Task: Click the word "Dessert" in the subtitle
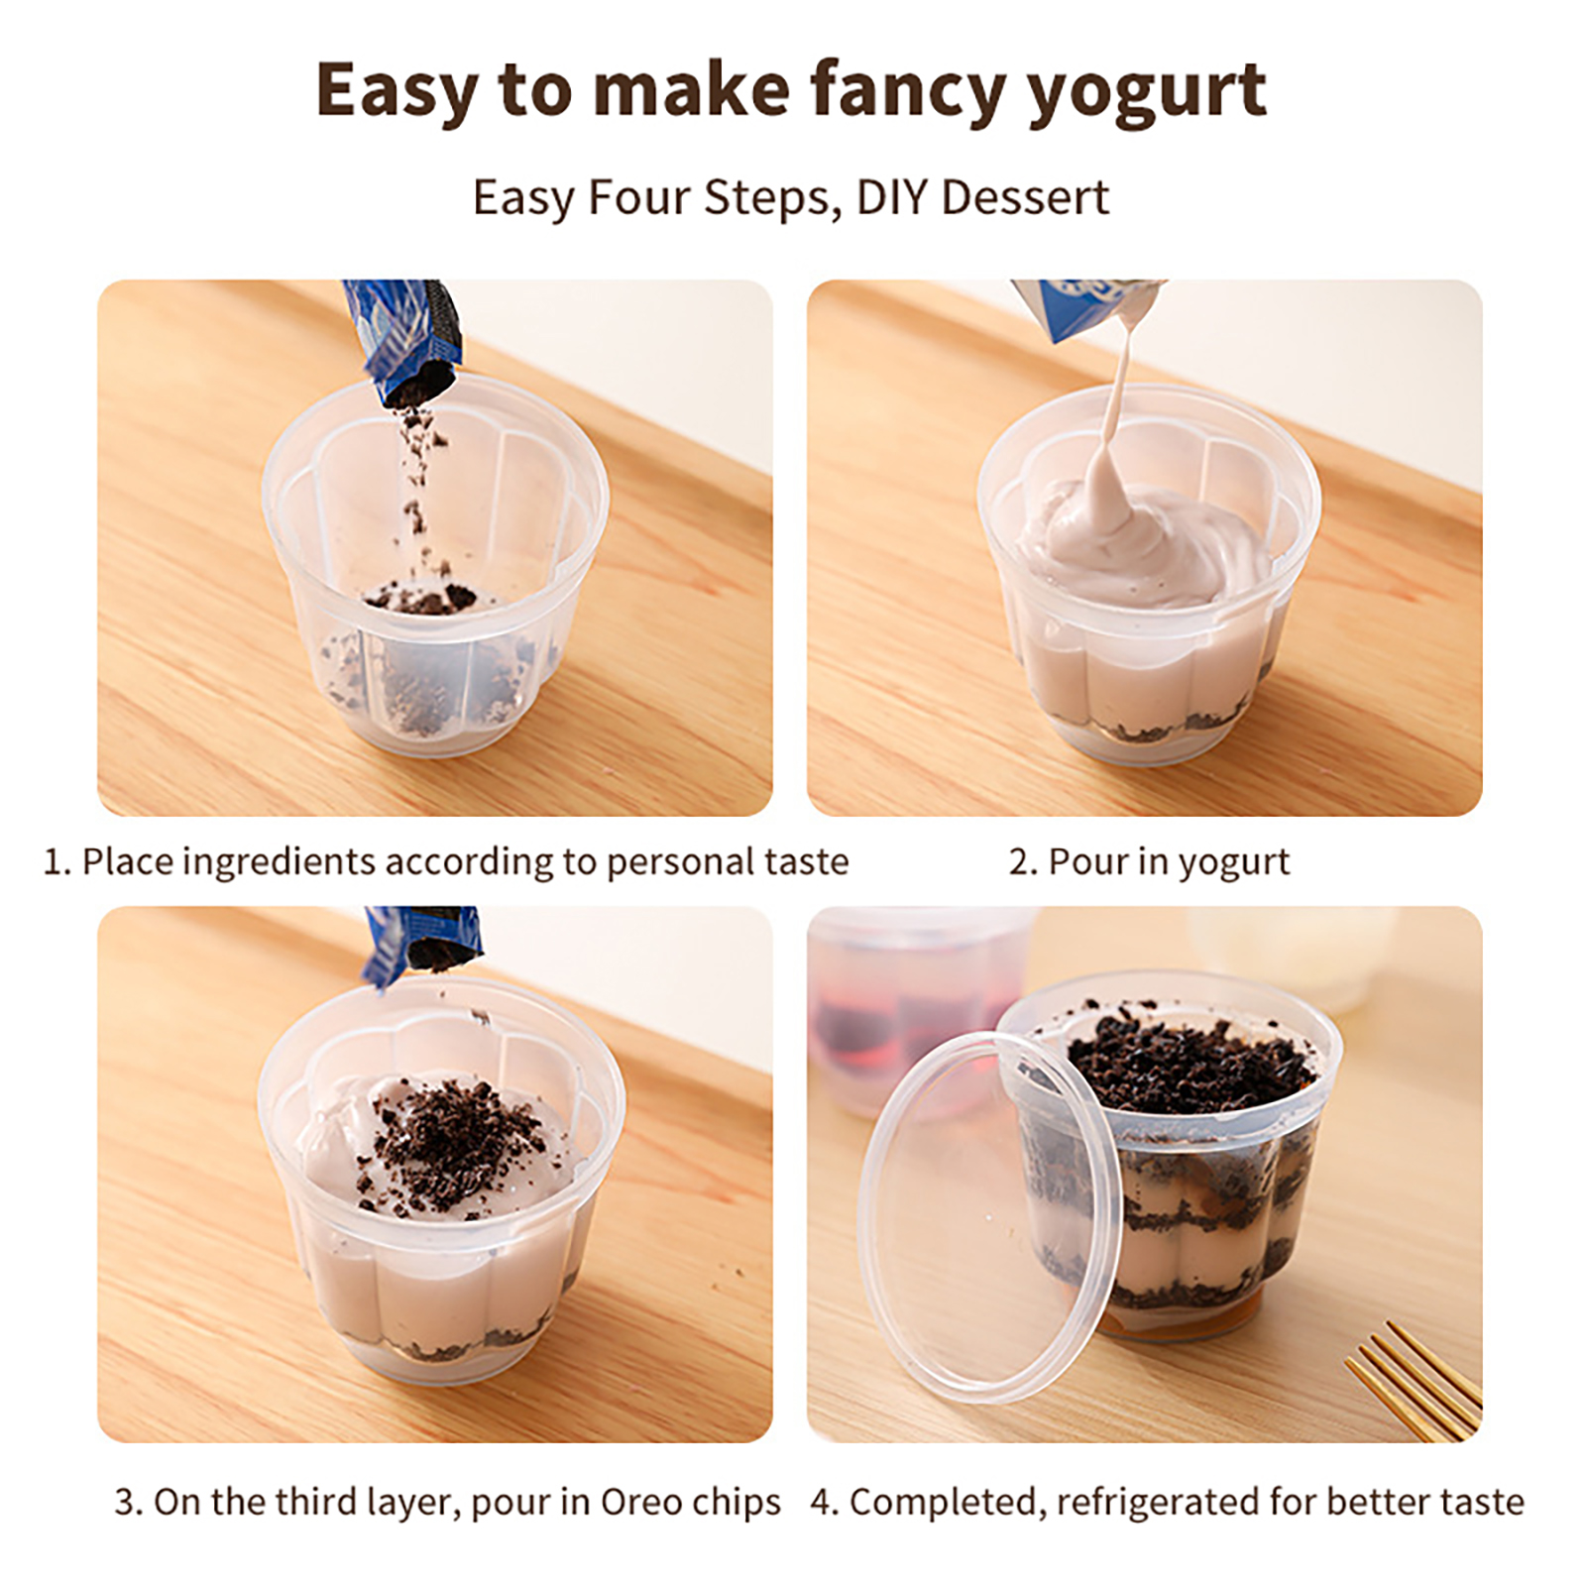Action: [x=1025, y=197]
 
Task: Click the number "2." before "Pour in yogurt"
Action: [x=1023, y=862]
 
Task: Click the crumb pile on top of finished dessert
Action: [x=1189, y=1062]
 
